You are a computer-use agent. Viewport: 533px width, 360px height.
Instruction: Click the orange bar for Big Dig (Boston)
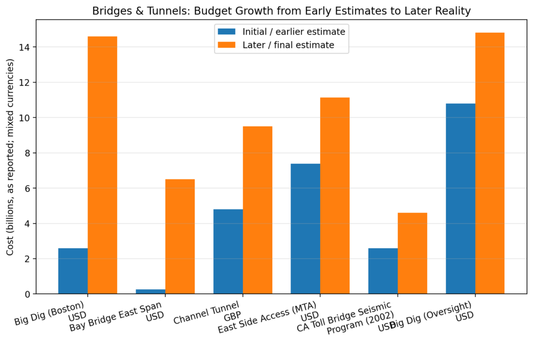pos(102,165)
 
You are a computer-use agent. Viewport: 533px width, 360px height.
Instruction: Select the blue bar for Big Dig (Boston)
pos(73,271)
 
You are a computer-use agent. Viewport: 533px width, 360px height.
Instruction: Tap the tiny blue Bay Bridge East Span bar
pos(150,291)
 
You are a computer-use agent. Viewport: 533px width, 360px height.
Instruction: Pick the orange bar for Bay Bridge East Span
pos(180,237)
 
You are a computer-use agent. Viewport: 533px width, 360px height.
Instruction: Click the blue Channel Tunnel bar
pos(228,251)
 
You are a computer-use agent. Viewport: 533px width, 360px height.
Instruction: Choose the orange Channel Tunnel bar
pos(258,210)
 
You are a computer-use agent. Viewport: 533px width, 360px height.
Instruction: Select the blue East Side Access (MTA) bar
pos(306,229)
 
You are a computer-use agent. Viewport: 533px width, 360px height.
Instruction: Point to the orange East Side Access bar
pos(335,196)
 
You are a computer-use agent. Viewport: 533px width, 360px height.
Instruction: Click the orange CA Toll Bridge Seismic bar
pos(412,253)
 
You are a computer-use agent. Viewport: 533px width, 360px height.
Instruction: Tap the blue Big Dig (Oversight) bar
pos(461,199)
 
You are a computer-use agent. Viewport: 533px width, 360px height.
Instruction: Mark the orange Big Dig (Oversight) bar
pos(490,163)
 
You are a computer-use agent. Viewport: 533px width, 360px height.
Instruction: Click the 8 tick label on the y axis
pos(28,153)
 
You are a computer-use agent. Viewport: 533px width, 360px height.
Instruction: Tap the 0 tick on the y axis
pos(28,294)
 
